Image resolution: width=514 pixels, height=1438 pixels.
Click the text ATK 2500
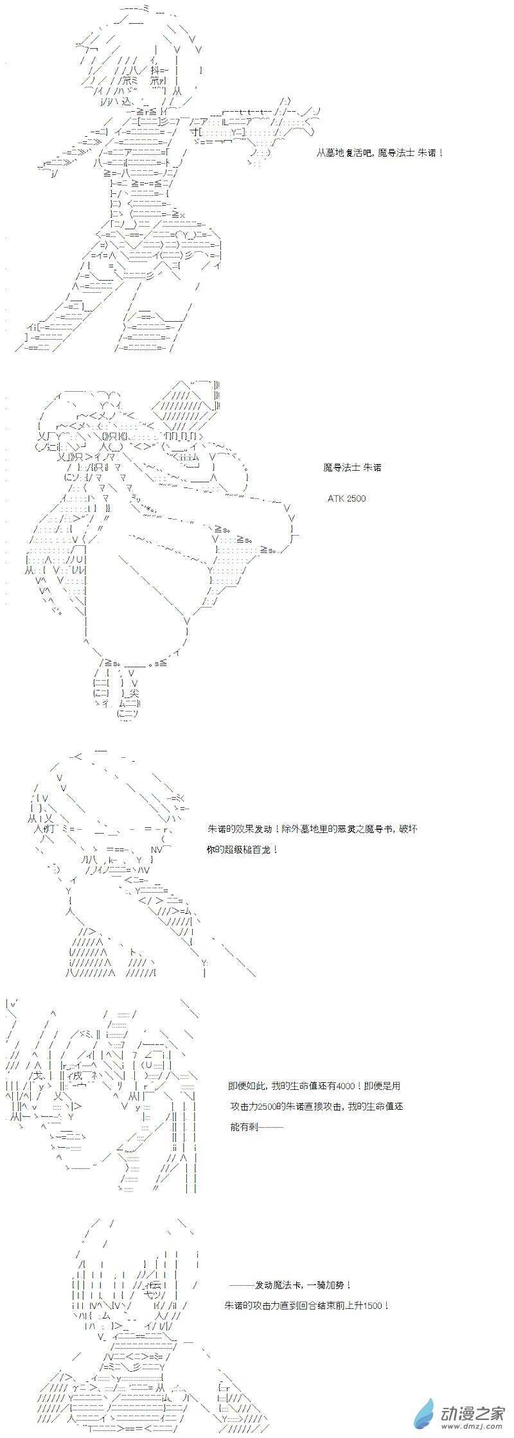pos(346,498)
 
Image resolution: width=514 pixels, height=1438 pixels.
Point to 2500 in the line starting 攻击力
pos(265,1106)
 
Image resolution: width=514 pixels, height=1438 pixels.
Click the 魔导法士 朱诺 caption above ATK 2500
pos(352,467)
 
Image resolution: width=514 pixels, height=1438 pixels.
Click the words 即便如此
pos(247,1085)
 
